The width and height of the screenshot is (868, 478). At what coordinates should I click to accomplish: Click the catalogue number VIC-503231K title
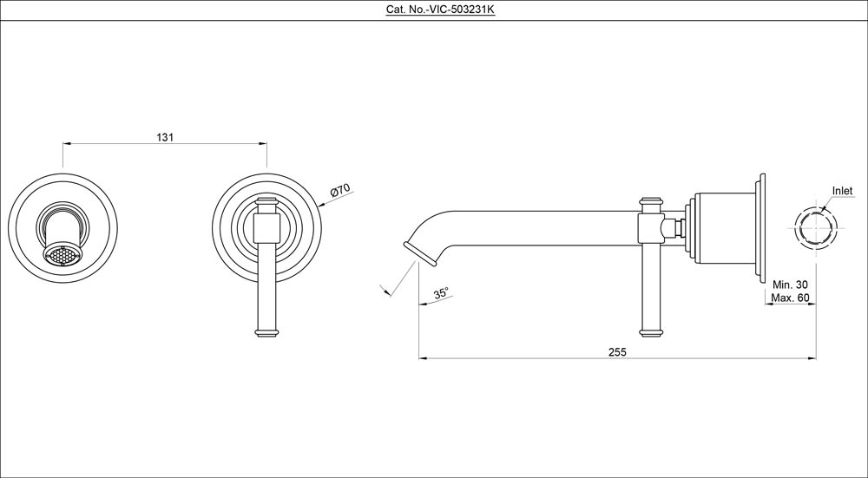pos(433,10)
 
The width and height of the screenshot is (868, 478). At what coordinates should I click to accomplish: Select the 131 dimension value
pos(165,137)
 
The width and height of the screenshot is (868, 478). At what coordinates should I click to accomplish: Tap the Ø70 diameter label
pos(339,191)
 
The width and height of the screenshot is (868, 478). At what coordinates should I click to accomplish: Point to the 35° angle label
pos(441,294)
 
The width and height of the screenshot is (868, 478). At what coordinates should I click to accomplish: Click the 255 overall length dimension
pos(617,351)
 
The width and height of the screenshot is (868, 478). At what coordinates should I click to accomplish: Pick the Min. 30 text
pos(790,285)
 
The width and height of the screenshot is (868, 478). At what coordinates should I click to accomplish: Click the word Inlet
pos(842,191)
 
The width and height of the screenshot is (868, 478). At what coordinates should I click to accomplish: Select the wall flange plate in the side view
pos(762,229)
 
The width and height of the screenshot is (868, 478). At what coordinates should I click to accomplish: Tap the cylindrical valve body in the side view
pos(725,229)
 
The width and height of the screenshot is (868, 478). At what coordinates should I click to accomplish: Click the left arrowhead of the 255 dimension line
pos(423,357)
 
